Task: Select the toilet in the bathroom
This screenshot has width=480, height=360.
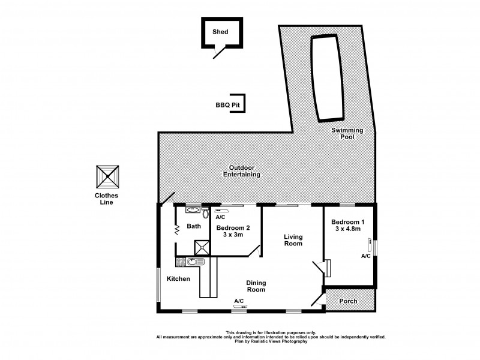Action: tap(206, 213)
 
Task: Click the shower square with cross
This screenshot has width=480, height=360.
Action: tap(200, 247)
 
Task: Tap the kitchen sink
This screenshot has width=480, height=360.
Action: tap(193, 262)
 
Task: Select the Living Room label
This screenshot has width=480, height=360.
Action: tap(293, 240)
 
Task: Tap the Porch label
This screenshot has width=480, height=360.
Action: tap(349, 301)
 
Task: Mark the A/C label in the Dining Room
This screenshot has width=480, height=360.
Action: tap(238, 301)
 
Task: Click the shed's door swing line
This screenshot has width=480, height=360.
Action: tap(220, 52)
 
